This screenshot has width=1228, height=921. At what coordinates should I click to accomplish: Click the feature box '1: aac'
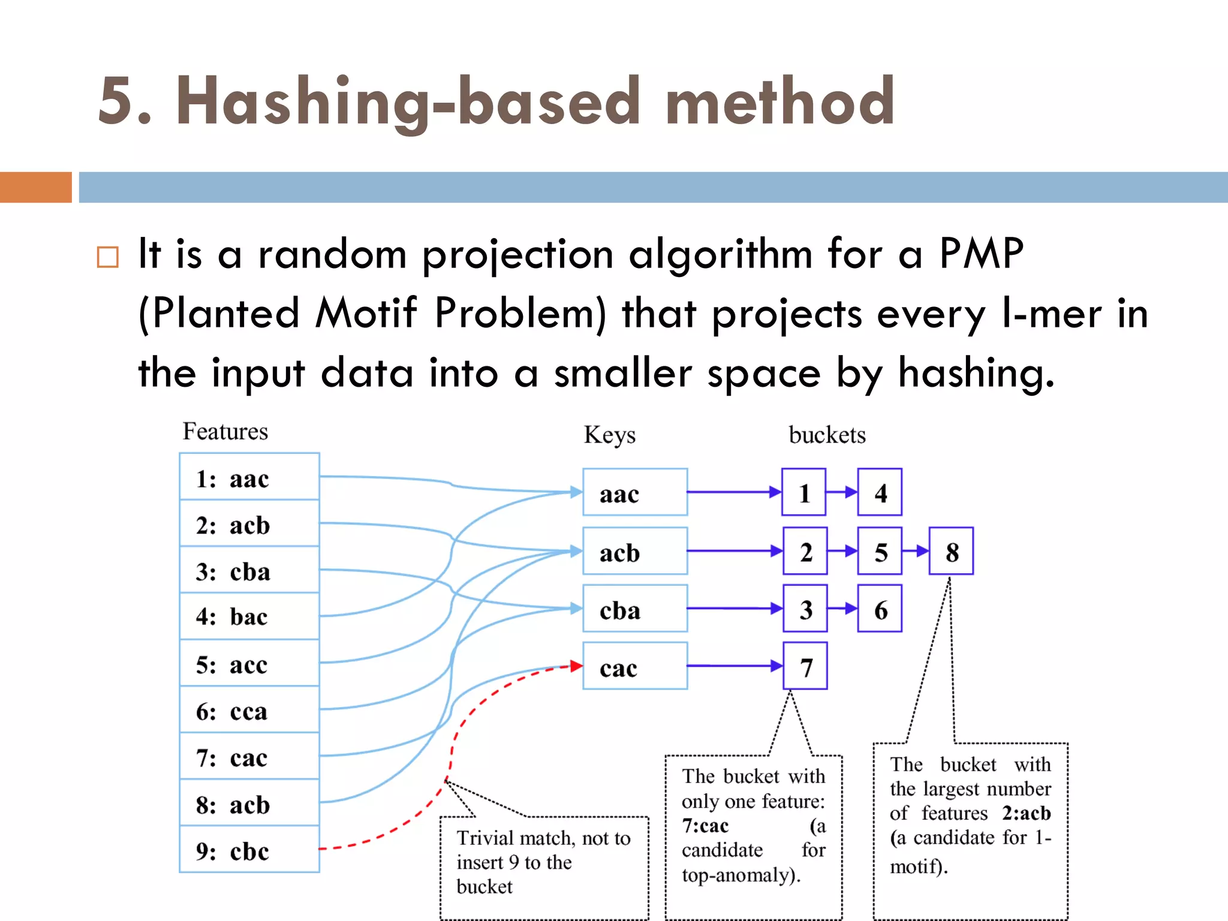[249, 477]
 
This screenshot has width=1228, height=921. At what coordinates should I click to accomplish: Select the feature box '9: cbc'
[249, 850]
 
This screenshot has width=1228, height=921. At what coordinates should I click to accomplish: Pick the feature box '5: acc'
[249, 664]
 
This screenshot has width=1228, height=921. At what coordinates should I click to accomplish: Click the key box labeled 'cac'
[634, 666]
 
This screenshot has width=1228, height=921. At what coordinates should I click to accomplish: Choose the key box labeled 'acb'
[634, 551]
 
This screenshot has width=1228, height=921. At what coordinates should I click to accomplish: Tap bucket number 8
[951, 551]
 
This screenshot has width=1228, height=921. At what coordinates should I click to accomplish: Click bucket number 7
[805, 666]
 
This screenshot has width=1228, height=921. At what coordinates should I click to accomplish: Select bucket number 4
[879, 492]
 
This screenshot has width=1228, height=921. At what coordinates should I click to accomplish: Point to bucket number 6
[879, 609]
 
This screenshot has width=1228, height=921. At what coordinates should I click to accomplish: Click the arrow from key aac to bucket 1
[734, 492]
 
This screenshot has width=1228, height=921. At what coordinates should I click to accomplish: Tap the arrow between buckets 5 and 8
[916, 551]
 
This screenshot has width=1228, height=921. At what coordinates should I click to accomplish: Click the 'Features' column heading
[225, 432]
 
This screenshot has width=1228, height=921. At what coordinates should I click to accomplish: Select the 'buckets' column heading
[827, 435]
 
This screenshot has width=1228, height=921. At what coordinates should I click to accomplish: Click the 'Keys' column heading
[609, 435]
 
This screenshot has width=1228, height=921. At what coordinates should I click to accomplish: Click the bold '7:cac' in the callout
[705, 826]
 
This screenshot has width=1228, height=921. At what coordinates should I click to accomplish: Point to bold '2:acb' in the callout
[1026, 813]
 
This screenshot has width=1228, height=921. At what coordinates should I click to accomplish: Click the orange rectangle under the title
[36, 187]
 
